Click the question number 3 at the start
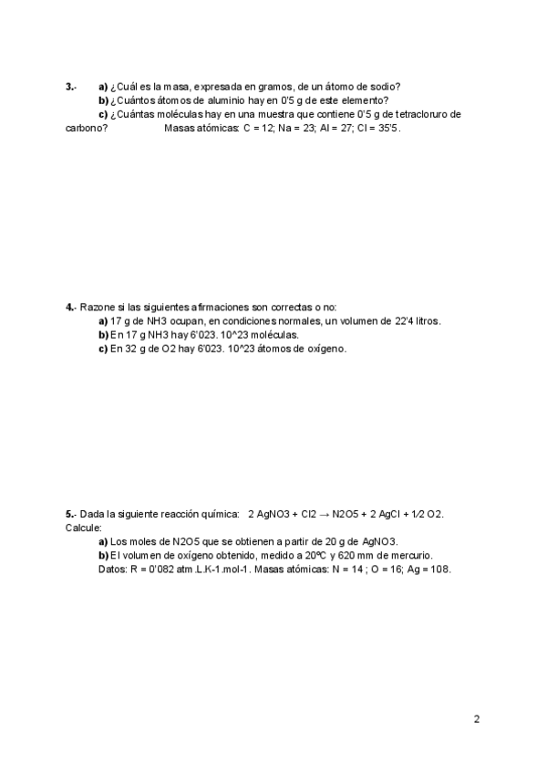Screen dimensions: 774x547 coord(70,87)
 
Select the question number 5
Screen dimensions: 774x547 coord(70,515)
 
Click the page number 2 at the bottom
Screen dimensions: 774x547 coord(477,719)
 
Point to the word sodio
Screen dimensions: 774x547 coord(384,87)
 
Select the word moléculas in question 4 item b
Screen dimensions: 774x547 coord(274,335)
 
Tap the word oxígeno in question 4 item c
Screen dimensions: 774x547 coord(325,349)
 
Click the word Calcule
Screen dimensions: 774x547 coord(84,528)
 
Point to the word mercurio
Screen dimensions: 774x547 coord(411,555)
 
